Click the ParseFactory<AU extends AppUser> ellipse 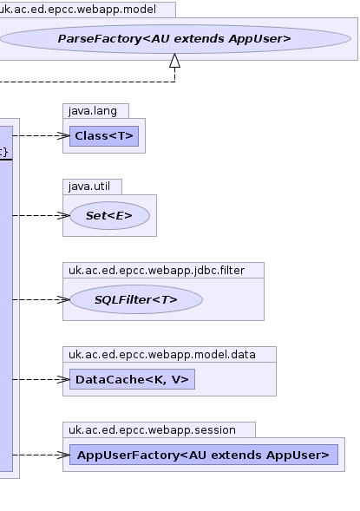click(x=175, y=39)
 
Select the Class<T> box click(x=104, y=136)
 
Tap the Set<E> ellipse click(x=109, y=216)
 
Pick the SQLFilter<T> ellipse click(x=136, y=299)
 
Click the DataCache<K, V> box click(x=132, y=379)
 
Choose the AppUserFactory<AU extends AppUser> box click(x=204, y=455)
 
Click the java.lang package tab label click(x=93, y=111)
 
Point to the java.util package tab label click(x=89, y=187)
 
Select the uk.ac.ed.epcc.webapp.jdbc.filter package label click(x=156, y=271)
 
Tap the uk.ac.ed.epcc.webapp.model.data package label click(x=162, y=355)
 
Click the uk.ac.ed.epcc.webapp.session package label click(x=152, y=430)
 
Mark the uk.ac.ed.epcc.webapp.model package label click(x=77, y=10)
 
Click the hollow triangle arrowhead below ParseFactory click(x=175, y=61)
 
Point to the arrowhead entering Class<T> click(x=63, y=136)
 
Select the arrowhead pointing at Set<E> click(x=63, y=216)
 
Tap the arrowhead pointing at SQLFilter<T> click(x=63, y=300)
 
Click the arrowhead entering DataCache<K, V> click(x=63, y=380)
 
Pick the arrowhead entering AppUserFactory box click(x=63, y=455)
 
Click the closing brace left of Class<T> click(x=5, y=152)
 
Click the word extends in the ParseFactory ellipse click(x=199, y=39)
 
